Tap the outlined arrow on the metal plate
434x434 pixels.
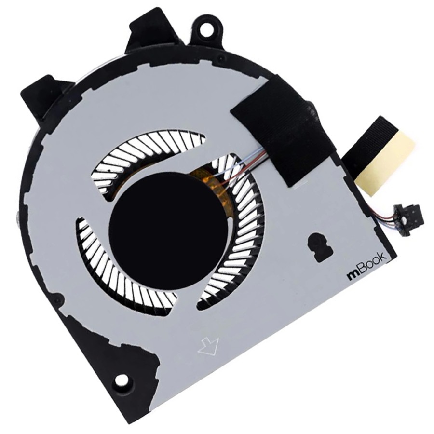point(208,346)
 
